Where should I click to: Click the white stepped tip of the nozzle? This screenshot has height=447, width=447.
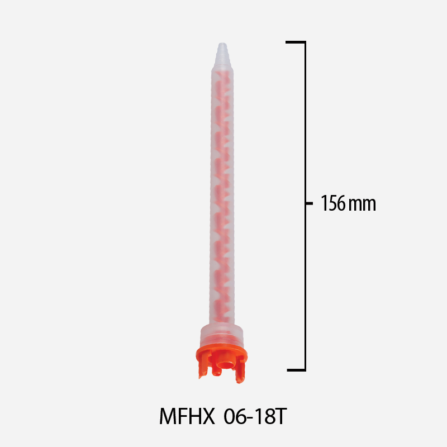click(222, 54)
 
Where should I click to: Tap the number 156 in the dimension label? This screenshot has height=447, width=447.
click(332, 203)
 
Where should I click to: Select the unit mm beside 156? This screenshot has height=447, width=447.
click(362, 203)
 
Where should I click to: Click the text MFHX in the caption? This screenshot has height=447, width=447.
click(187, 416)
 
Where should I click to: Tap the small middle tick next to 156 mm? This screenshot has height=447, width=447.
click(308, 203)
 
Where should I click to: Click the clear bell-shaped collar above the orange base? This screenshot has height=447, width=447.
click(223, 333)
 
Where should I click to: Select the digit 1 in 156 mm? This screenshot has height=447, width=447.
click(324, 203)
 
